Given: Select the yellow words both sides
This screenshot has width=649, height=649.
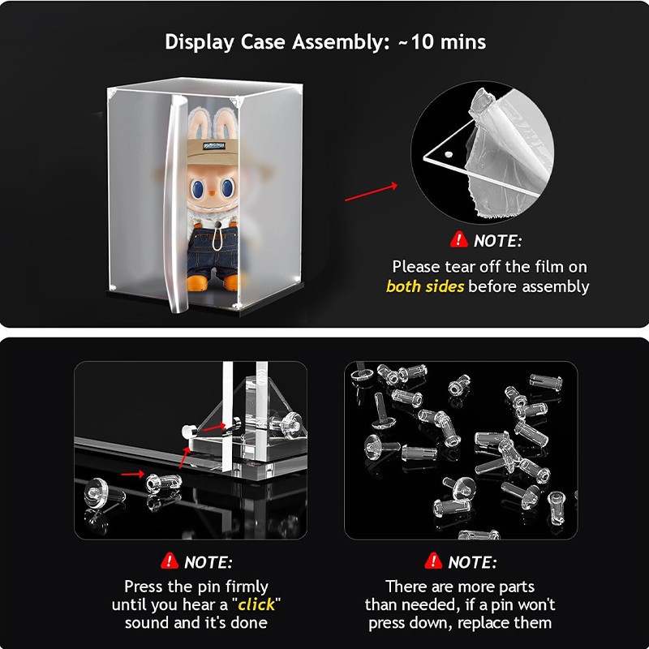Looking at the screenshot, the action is click(425, 286).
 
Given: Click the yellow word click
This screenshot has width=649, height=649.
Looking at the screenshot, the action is click(256, 604).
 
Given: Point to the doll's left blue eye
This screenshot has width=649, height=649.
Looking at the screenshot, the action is click(196, 188).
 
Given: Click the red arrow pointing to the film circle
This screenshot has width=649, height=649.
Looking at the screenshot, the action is click(371, 192).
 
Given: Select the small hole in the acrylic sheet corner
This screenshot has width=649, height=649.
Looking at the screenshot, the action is click(449, 155).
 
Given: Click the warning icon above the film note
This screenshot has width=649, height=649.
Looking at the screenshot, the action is click(458, 239).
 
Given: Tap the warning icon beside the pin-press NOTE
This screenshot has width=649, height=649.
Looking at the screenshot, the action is click(170, 561).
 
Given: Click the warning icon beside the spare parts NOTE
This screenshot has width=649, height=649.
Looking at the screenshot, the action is click(433, 561).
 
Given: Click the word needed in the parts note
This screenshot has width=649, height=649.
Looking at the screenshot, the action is click(431, 605).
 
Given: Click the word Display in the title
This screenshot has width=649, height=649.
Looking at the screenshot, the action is click(200, 43).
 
